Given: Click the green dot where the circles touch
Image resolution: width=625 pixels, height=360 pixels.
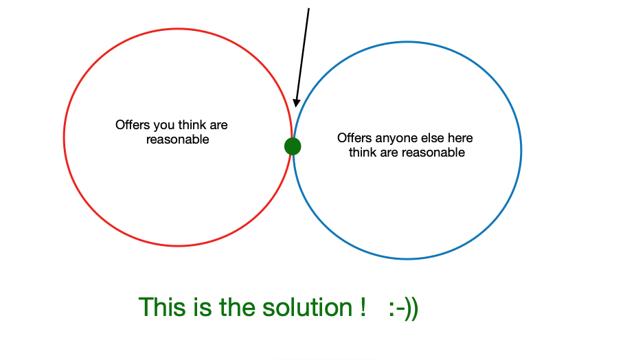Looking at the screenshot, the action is (x=293, y=146).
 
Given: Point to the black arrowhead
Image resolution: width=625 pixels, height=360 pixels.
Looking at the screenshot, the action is (x=296, y=103).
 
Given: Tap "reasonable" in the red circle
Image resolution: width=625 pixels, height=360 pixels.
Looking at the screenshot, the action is (x=177, y=139).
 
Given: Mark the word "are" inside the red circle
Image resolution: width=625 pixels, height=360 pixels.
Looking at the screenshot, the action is (x=218, y=126).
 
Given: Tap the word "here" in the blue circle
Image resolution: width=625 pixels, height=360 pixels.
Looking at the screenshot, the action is (x=460, y=138).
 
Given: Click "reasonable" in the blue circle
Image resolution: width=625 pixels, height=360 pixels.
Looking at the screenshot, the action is (x=433, y=153).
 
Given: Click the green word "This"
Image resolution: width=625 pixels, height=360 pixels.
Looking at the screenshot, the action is (x=162, y=307).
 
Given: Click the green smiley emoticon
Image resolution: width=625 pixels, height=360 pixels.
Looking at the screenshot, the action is (x=403, y=308).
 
